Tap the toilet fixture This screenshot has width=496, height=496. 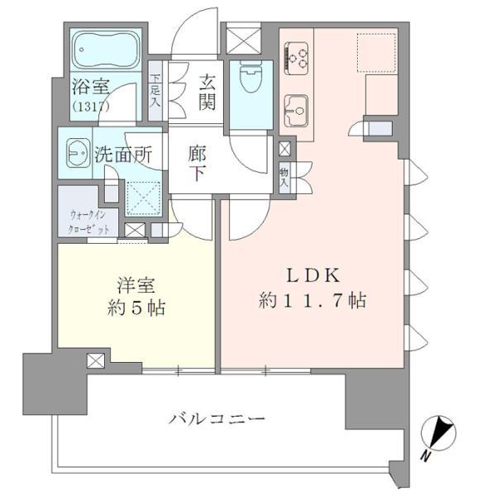click(247, 79)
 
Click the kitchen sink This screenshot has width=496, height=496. click(296, 107)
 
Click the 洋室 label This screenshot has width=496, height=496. click(136, 286)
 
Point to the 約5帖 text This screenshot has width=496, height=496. click(136, 308)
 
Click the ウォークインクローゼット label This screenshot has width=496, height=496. click(88, 223)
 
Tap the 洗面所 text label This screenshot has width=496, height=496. click(122, 153)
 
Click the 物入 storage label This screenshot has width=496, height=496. click(284, 177)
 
